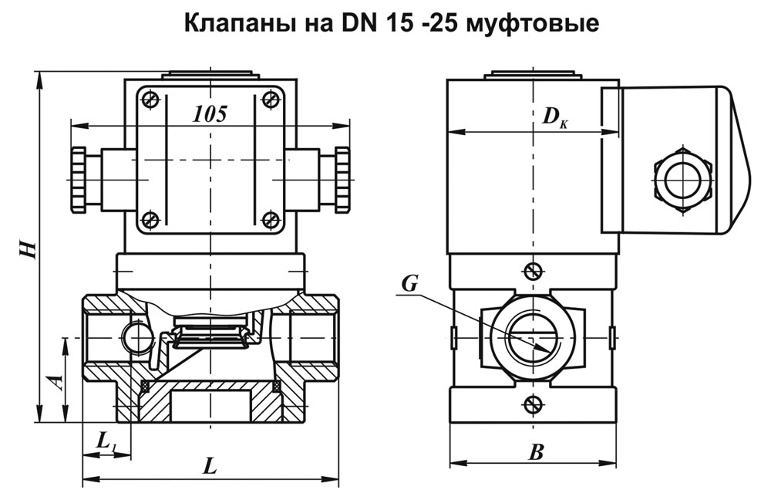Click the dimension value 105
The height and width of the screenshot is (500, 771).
click(210, 114)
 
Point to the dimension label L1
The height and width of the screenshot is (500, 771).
click(106, 441)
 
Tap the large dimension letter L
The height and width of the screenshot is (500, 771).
click(209, 465)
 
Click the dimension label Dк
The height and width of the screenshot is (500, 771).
click(554, 117)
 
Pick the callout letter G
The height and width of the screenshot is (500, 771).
click(410, 285)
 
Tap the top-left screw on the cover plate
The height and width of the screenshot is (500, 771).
click(151, 99)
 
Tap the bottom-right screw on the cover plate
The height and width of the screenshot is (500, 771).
click(271, 220)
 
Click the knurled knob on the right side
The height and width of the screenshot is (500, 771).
click(342, 179)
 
